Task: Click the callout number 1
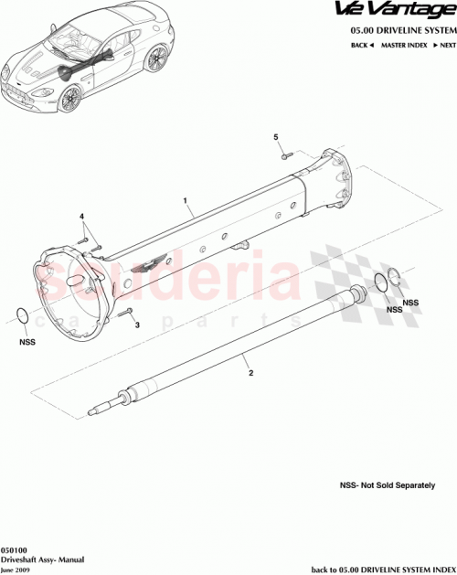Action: coord(186,200)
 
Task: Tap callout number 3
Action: coord(137,324)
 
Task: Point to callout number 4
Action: coord(82,218)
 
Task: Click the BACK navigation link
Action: coord(358,44)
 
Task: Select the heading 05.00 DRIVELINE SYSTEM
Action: coord(402,29)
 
